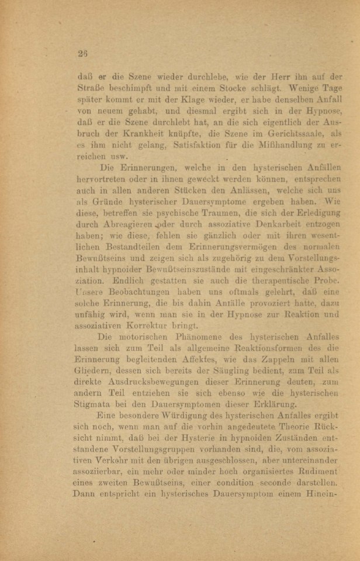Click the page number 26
(82, 54)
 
